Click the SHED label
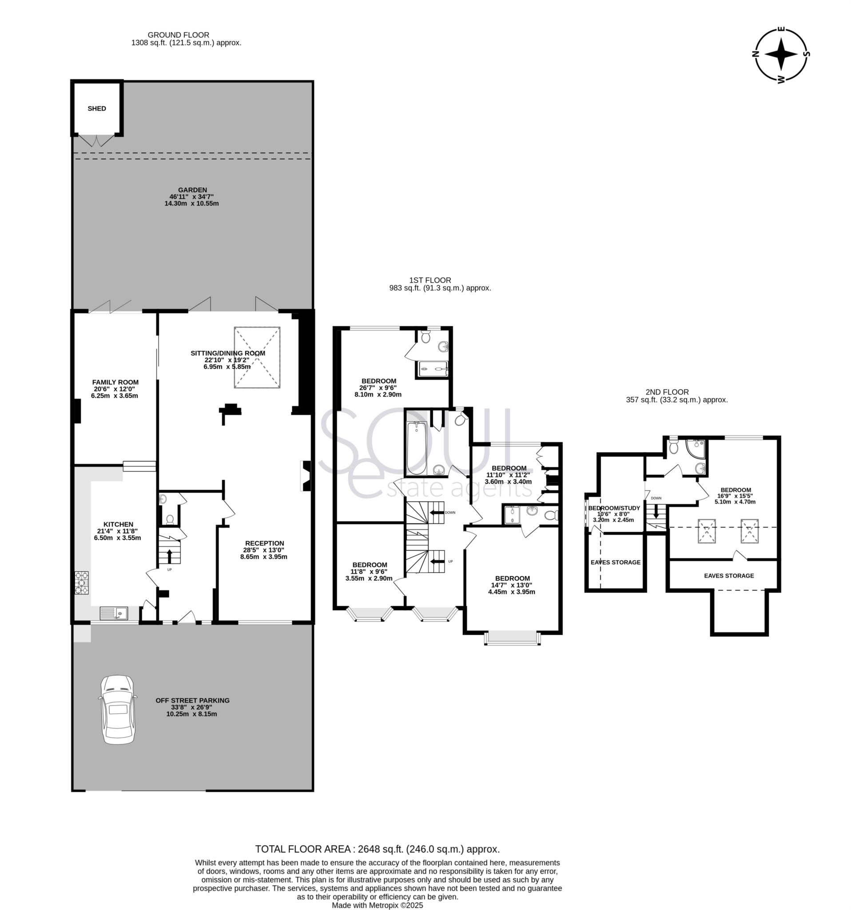click(x=96, y=108)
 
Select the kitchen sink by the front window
click(x=114, y=613)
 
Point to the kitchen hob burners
click(x=81, y=583)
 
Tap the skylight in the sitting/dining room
click(x=257, y=358)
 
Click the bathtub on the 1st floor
click(x=416, y=448)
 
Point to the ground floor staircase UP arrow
click(x=169, y=556)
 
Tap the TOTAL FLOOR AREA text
click(x=378, y=849)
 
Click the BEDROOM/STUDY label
click(x=614, y=508)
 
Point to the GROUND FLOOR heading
click(x=179, y=35)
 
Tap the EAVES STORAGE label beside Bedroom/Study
click(x=615, y=562)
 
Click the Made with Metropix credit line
click(x=378, y=905)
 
